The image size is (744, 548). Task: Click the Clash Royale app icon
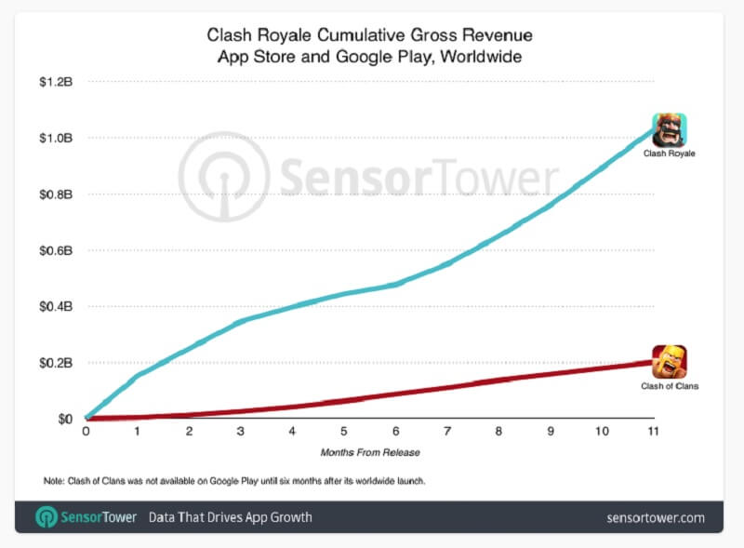[x=670, y=129]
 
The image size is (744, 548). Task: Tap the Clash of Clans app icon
[x=670, y=362]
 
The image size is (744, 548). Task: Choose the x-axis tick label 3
[x=240, y=433]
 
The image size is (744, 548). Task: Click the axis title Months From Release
[x=369, y=452]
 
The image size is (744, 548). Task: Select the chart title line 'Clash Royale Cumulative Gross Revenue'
[x=370, y=36]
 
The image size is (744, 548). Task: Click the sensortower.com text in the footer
[x=656, y=517]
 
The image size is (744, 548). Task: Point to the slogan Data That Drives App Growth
[x=231, y=517]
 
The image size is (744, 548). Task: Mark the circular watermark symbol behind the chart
[x=224, y=176]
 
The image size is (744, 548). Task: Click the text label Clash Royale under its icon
[x=670, y=153]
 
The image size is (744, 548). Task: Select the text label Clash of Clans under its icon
[x=670, y=385]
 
